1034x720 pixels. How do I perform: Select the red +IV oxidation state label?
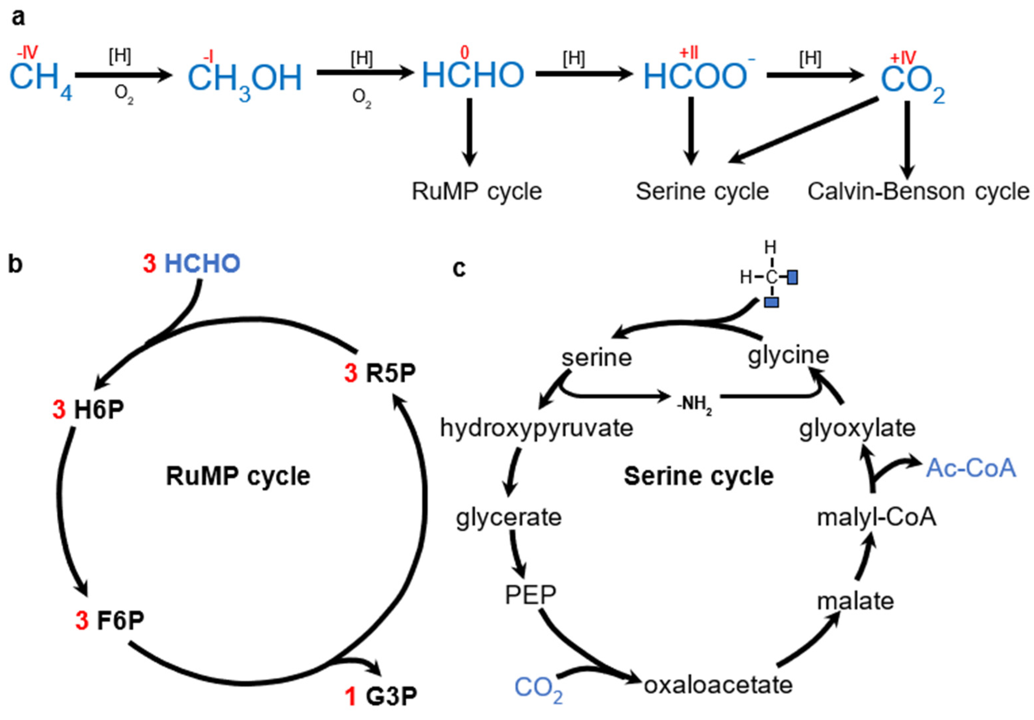pyautogui.click(x=903, y=58)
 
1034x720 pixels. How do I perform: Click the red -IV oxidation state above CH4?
pyautogui.click(x=27, y=53)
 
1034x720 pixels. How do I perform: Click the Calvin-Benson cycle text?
pyautogui.click(x=918, y=192)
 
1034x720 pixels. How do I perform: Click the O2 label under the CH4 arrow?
pyautogui.click(x=123, y=95)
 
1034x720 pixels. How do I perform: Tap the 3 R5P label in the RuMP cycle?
pyautogui.click(x=380, y=373)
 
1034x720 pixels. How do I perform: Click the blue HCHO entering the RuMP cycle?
pyautogui.click(x=202, y=264)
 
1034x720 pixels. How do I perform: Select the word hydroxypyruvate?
pyautogui.click(x=536, y=428)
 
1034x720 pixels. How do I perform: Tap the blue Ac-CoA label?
pyautogui.click(x=971, y=468)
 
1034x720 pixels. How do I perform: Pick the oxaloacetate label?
pyautogui.click(x=718, y=685)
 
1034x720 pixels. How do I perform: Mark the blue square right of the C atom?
pyautogui.click(x=792, y=277)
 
